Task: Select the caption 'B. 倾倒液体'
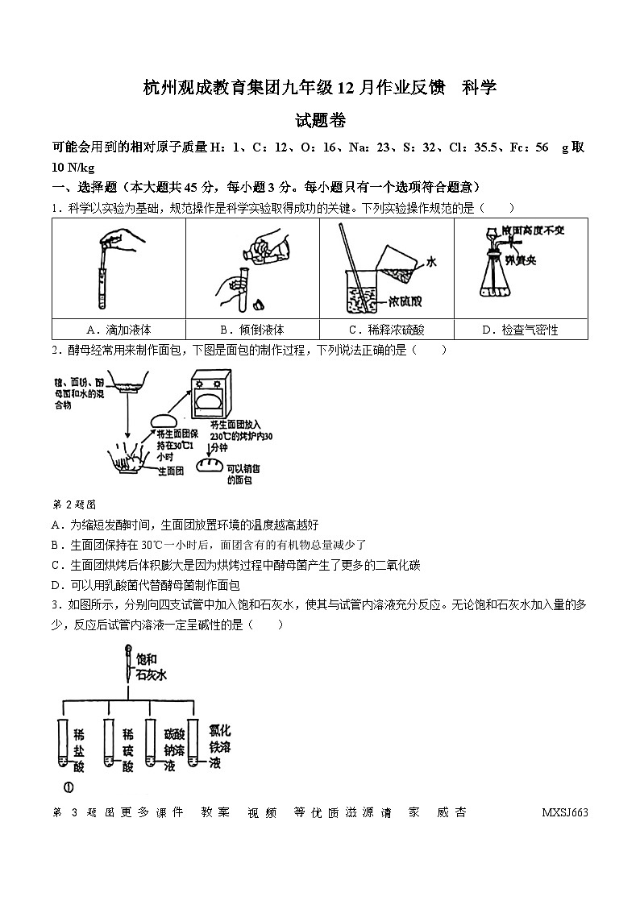pos(251,330)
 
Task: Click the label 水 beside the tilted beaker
pos(431,261)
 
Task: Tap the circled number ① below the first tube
pos(69,787)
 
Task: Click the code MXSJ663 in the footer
pos(565,812)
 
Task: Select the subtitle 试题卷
pos(320,122)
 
